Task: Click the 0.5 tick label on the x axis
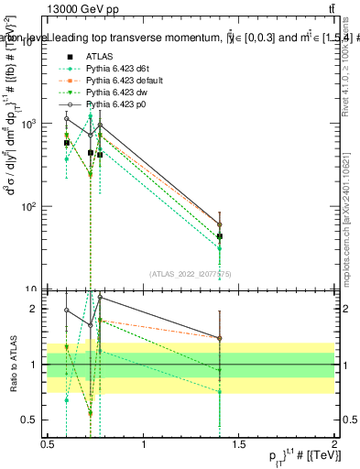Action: click(48, 444)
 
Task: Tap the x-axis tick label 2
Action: click(334, 444)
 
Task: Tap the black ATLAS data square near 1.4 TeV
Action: click(219, 236)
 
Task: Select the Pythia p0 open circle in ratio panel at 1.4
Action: click(219, 338)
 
